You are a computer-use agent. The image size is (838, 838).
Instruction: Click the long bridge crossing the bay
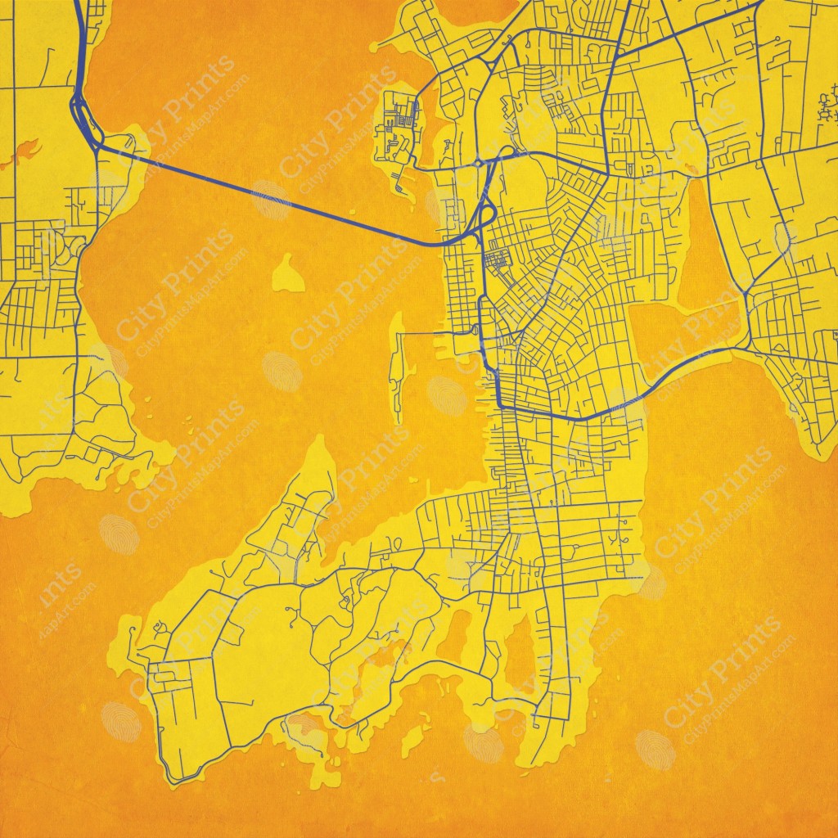(x=270, y=196)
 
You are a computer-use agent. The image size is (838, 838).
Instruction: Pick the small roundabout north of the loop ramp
(x=478, y=164)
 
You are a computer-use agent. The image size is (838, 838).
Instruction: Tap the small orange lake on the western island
(x=25, y=151)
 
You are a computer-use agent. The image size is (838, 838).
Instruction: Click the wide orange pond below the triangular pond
(x=671, y=336)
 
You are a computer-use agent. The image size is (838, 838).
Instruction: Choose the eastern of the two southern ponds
(x=520, y=655)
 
